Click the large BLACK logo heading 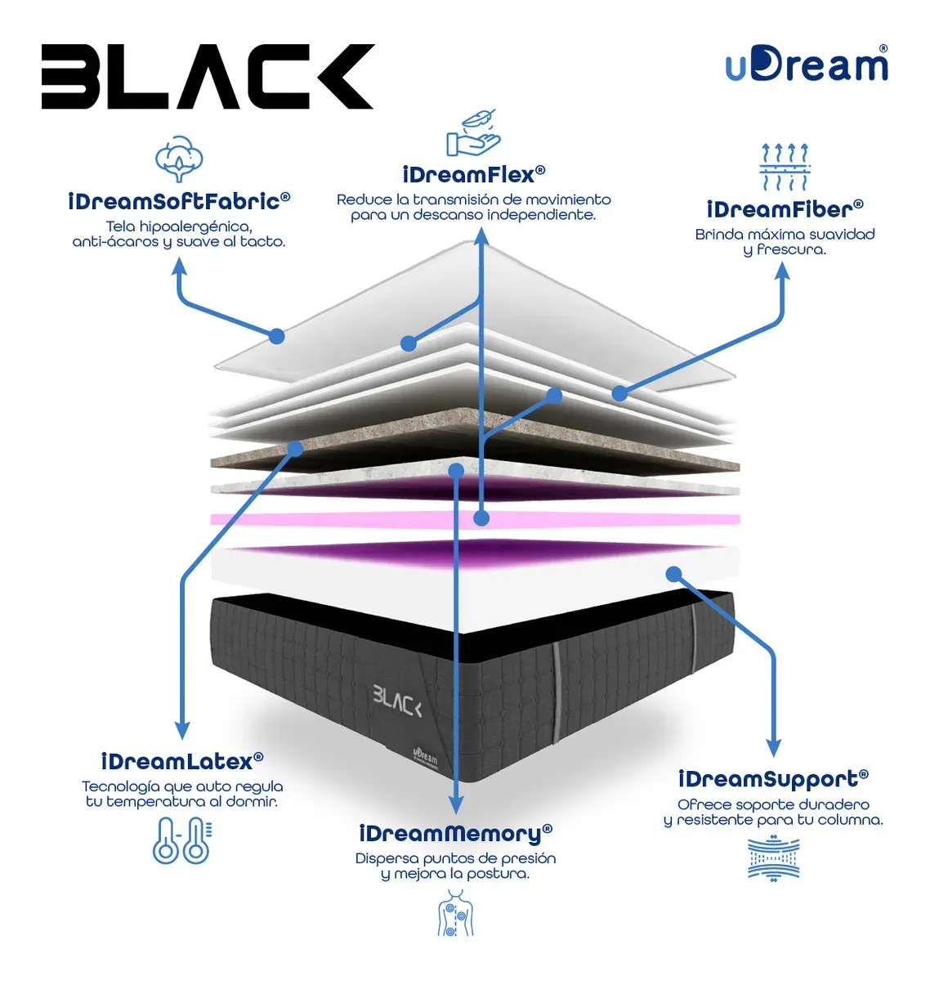click(x=207, y=76)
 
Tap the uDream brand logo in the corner click(x=807, y=64)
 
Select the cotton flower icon click(x=179, y=158)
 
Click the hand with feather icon click(x=472, y=132)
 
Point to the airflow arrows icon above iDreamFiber click(x=784, y=167)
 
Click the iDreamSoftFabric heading click(x=179, y=201)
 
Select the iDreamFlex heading click(x=473, y=175)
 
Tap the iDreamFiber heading click(x=785, y=209)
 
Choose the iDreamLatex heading click(x=181, y=761)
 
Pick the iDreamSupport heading click(x=773, y=779)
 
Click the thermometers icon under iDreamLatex click(x=181, y=840)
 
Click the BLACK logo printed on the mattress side click(x=397, y=700)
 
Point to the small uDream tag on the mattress click(x=425, y=759)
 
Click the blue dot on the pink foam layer click(x=481, y=518)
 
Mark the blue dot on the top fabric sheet click(x=276, y=336)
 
